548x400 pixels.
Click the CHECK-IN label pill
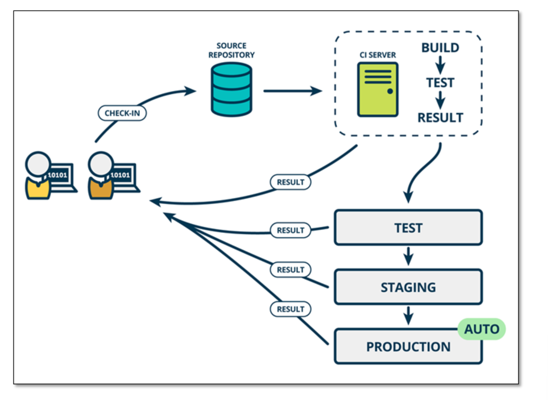(x=122, y=113)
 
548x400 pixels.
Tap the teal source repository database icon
(x=231, y=90)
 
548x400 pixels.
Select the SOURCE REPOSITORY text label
(x=231, y=51)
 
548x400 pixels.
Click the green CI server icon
(x=378, y=90)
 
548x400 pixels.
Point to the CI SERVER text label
(x=378, y=55)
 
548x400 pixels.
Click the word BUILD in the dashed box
(x=440, y=48)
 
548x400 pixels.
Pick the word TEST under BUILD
(x=440, y=83)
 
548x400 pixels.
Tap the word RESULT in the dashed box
(x=440, y=118)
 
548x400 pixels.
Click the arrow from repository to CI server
(x=292, y=91)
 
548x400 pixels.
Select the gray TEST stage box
(x=408, y=227)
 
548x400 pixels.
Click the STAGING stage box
(x=408, y=287)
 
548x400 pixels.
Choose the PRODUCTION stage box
(x=408, y=346)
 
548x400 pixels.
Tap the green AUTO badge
(x=482, y=329)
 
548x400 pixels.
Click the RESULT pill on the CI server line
(x=290, y=182)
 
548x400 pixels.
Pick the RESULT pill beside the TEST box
(x=290, y=230)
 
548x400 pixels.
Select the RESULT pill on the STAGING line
(x=290, y=270)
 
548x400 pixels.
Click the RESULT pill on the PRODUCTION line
(x=290, y=309)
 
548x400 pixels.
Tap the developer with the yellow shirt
(x=51, y=176)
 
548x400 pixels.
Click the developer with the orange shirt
(x=114, y=176)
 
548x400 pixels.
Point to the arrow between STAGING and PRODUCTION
(x=408, y=315)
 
